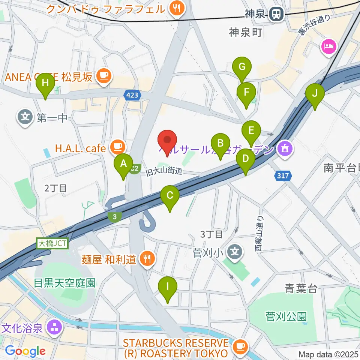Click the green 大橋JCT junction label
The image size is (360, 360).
point(52,243)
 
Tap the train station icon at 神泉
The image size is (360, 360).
point(276,15)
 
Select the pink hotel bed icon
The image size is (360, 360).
point(329,47)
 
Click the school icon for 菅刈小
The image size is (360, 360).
point(235,249)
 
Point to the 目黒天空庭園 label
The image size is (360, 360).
point(64,282)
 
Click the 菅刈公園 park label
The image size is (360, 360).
point(286,316)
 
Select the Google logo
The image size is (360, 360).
point(25,351)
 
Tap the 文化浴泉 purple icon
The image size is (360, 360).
point(54,328)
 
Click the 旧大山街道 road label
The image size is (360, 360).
point(164,171)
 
